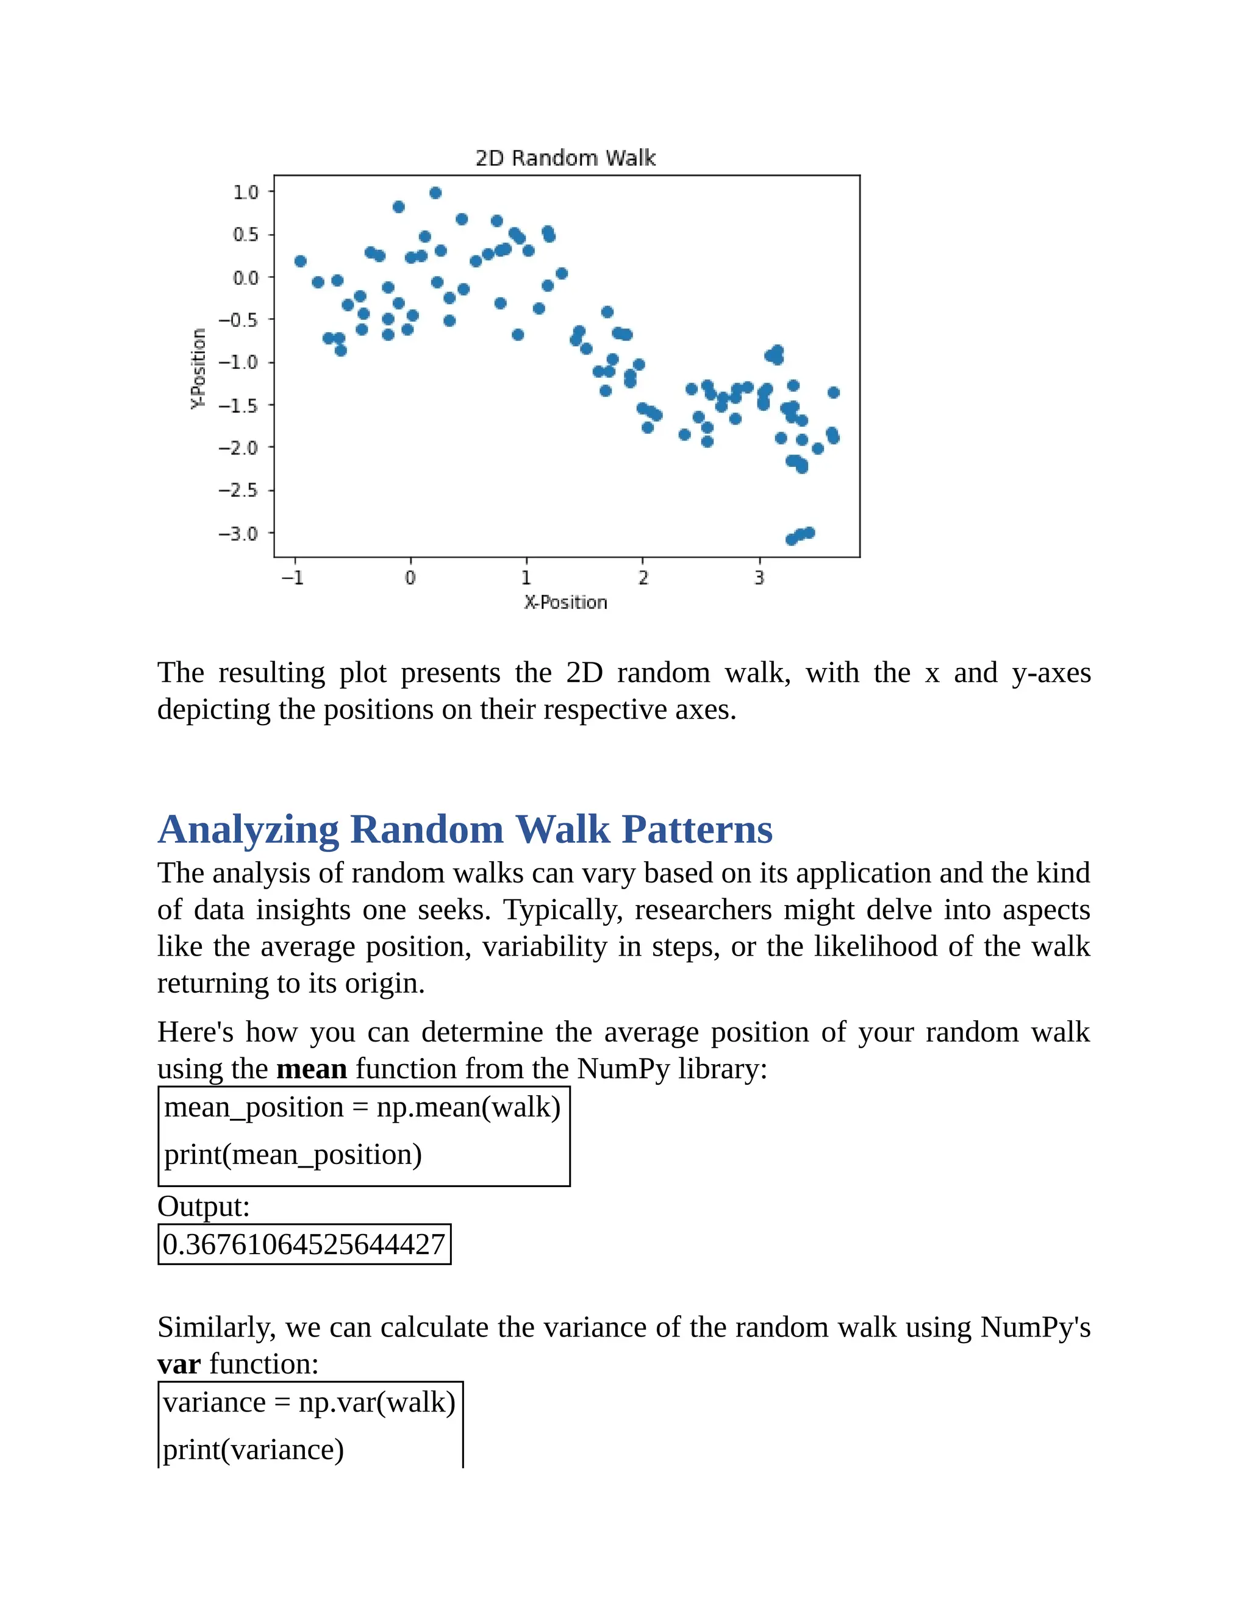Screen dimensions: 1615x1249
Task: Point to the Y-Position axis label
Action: [x=198, y=368]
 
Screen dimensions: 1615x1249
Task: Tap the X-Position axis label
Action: [x=565, y=602]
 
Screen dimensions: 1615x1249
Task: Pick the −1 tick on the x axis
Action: [x=293, y=578]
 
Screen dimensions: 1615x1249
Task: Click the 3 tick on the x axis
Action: [x=759, y=578]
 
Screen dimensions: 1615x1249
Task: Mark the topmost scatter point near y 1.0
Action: [x=435, y=193]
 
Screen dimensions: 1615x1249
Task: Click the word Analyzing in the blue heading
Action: [x=249, y=829]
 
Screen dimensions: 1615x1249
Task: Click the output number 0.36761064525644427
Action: [x=304, y=1244]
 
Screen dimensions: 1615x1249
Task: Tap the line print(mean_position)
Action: [x=293, y=1154]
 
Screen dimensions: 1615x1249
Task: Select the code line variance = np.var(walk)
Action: [x=309, y=1402]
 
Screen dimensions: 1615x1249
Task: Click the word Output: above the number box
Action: [x=204, y=1206]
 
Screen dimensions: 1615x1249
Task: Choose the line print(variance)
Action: [x=253, y=1449]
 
